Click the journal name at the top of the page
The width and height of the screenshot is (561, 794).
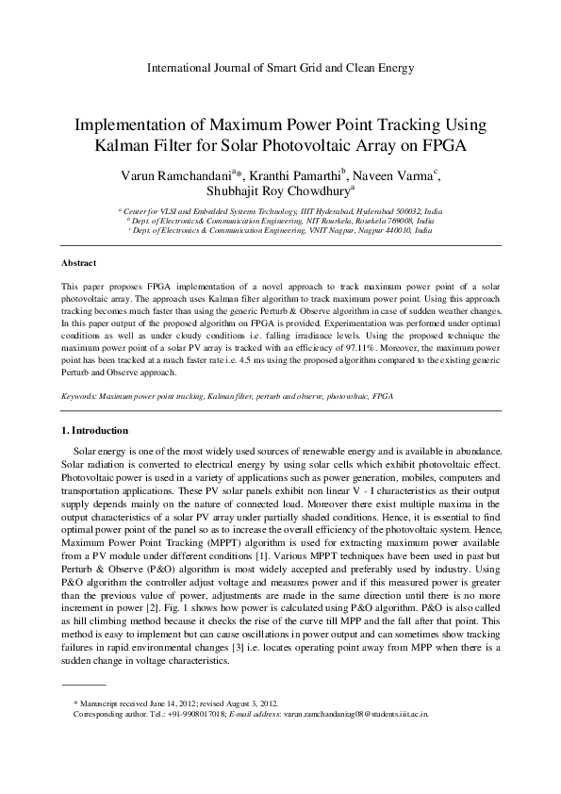pos(281,68)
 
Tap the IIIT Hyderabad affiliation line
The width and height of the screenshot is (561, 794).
pos(280,212)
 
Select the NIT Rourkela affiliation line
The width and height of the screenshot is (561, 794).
pos(280,222)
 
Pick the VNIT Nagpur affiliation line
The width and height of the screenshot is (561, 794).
pos(280,231)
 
